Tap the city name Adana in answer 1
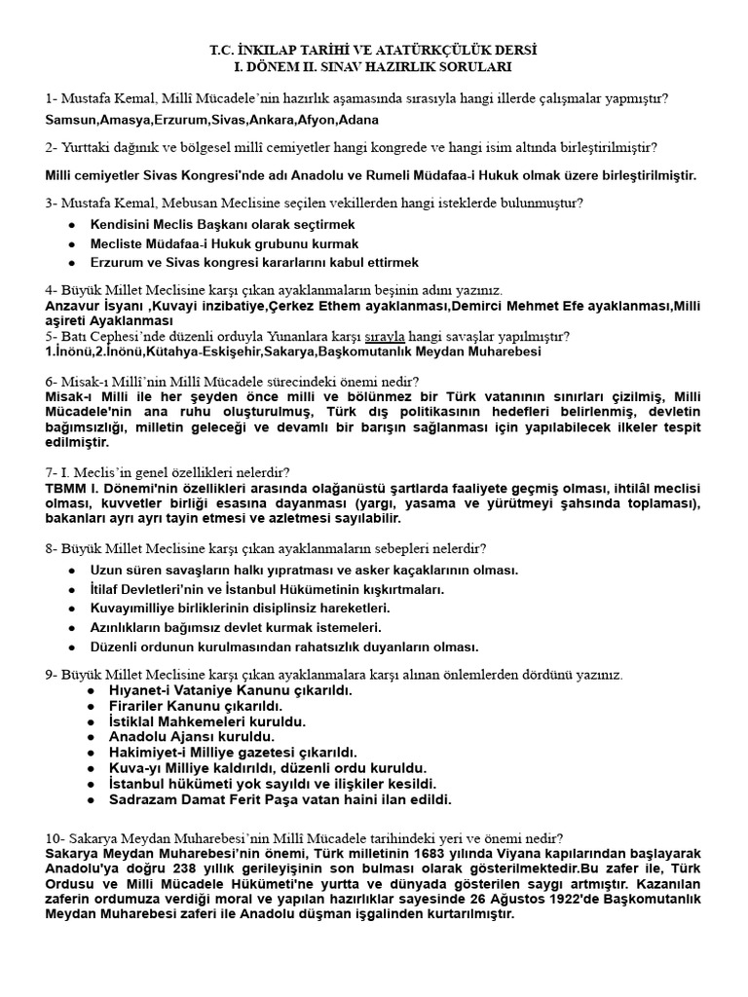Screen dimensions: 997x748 [x=358, y=120]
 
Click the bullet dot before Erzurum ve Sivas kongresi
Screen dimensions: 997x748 [x=72, y=263]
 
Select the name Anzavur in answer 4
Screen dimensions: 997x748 [x=73, y=306]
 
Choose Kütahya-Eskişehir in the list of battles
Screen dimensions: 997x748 [x=220, y=351]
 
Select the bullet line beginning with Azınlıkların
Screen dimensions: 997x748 [x=235, y=628]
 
